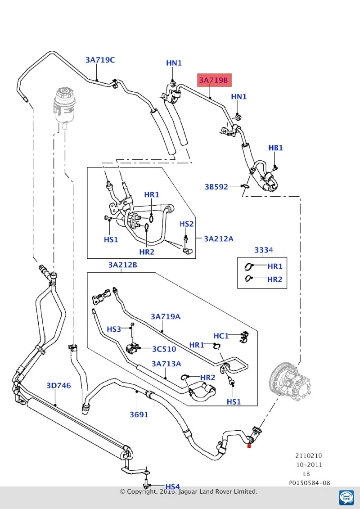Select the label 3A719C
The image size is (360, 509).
pos(100,60)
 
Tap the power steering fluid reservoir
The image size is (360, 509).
pos(64,107)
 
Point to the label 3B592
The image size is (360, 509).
pos(216,187)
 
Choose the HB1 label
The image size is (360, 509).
pos(275,148)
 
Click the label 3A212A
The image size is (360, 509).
pos(218,239)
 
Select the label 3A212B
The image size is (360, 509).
pos(123,265)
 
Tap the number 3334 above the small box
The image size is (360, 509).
pos(263,250)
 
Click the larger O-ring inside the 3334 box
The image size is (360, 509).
pos(247,267)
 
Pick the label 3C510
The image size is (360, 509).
pos(164,349)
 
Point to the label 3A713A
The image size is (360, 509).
pos(166,364)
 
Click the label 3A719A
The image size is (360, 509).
pos(165,316)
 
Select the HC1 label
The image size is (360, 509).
pos(221,336)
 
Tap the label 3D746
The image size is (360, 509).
pos(58,386)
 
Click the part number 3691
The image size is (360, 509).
pos(139,414)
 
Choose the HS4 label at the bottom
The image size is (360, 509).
pos(172,486)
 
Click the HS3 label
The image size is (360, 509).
pos(114,329)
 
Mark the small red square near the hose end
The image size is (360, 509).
pos(249,446)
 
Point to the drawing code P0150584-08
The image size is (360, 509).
pos(309,483)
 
